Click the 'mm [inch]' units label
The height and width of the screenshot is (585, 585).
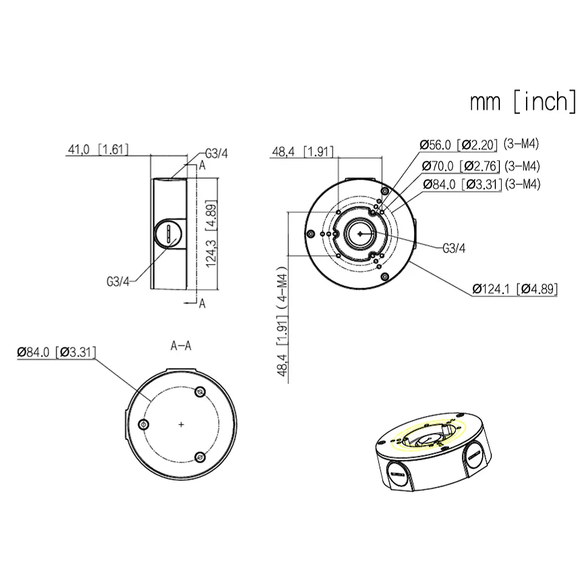click(x=523, y=101)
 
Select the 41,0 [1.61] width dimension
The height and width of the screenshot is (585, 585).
click(x=98, y=150)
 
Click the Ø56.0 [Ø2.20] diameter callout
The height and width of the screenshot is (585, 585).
click(x=459, y=145)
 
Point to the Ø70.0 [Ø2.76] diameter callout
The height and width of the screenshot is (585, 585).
click(x=461, y=166)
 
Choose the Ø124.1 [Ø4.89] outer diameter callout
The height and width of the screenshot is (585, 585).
click(x=515, y=289)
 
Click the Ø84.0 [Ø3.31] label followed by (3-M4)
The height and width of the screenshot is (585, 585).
click(x=462, y=184)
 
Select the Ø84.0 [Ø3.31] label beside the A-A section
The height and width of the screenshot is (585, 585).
click(x=56, y=352)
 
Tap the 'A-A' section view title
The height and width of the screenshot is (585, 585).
click(x=181, y=346)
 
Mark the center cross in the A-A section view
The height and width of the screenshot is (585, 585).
click(x=181, y=424)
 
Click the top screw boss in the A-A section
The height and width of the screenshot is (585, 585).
click(x=200, y=391)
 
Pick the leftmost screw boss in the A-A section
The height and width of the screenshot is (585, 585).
click(x=143, y=424)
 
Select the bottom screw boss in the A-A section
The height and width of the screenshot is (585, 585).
click(x=200, y=456)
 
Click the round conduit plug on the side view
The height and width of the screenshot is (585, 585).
click(x=169, y=233)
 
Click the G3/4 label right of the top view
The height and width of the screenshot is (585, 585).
click(x=454, y=249)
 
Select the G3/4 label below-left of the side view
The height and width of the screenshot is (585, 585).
click(x=118, y=281)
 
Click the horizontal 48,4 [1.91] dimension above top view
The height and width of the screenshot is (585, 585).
click(x=302, y=152)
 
